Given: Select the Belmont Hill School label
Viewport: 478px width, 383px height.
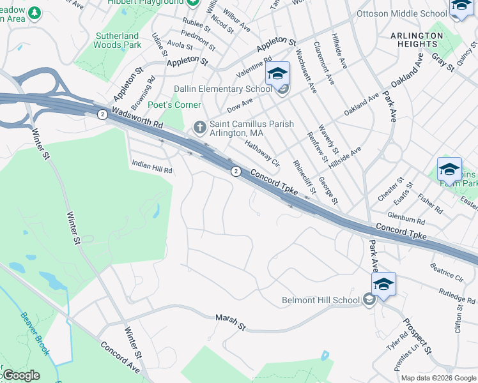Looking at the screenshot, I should point(320,300).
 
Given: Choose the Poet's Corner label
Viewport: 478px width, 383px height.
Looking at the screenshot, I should point(174,105).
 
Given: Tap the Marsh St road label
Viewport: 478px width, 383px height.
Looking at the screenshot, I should point(230,322).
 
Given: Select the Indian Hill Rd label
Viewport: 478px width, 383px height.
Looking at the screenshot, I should point(152,167).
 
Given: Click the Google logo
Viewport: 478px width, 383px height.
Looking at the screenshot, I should point(20,375).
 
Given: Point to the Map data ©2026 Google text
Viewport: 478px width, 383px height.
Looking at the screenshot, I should point(438,378).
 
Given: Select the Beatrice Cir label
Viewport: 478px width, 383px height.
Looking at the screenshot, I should point(447,271).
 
